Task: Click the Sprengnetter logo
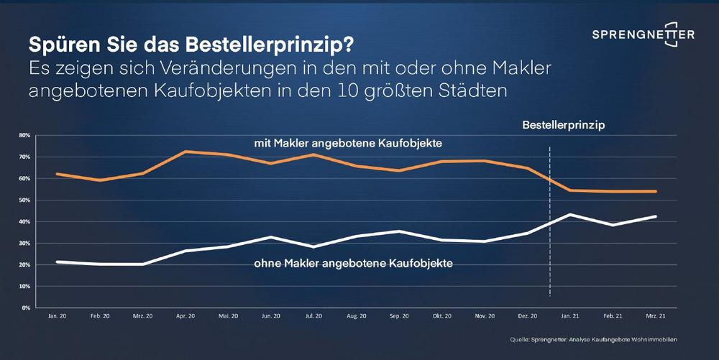coord(643,36)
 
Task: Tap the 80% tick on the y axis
coord(24,135)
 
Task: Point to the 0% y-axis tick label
coord(25,308)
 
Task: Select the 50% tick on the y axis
coord(24,200)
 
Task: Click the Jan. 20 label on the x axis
coord(58,316)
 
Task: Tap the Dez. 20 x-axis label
coord(528,316)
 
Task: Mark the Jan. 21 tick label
coord(570,316)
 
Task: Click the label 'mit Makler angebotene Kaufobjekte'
coord(347,144)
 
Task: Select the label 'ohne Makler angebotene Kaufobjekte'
coord(353,263)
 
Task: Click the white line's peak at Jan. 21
coord(570,215)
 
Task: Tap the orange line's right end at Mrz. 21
coord(656,191)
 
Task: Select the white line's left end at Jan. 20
coord(58,262)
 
